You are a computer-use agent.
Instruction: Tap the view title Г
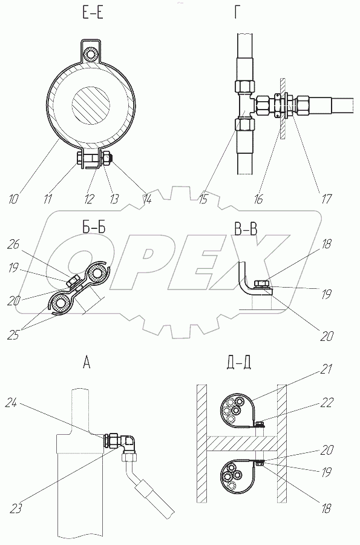[237, 13]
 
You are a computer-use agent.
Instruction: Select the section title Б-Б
[91, 226]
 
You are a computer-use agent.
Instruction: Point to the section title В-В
[246, 229]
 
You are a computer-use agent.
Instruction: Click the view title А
[87, 363]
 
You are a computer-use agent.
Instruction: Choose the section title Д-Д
[238, 363]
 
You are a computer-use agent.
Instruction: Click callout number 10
[13, 199]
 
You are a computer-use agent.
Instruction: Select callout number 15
[203, 199]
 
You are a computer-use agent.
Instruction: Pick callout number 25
[13, 335]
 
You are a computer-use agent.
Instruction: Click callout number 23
[15, 509]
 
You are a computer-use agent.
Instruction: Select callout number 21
[326, 369]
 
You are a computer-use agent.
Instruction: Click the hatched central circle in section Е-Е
[91, 105]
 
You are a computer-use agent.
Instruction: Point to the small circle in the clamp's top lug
[91, 53]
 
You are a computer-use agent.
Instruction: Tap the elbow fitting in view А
[128, 441]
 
